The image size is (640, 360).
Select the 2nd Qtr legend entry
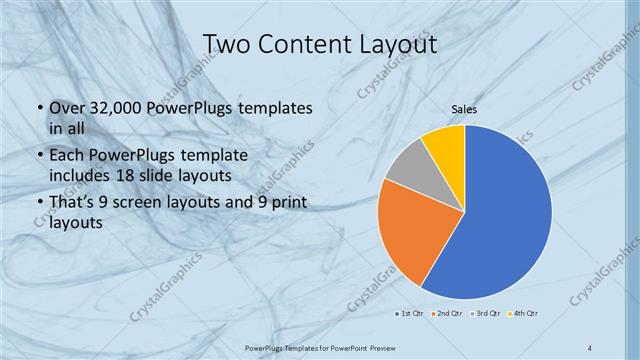point(448,314)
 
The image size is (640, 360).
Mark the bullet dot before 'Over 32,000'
point(38,108)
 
